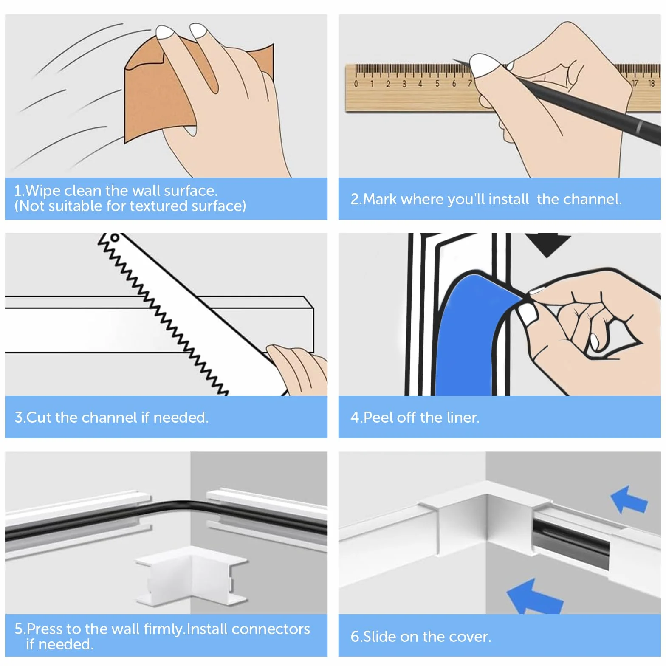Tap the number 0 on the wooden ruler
pos(356,84)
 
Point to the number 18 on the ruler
pos(652,83)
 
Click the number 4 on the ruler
pos(420,84)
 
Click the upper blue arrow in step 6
pos(629,499)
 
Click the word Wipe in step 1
pos(42,191)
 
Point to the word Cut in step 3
pos(39,417)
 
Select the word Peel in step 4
pos(378,417)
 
